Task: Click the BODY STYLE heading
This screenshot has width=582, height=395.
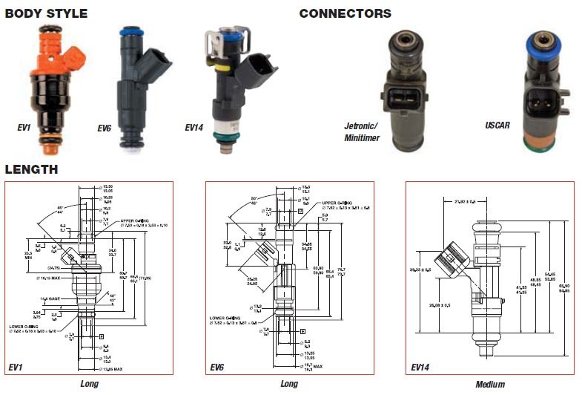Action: [46, 13]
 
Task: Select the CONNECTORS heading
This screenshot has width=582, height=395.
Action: [345, 13]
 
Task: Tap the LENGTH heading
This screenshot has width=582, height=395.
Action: [31, 169]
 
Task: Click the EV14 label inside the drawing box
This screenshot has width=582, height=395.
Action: [421, 366]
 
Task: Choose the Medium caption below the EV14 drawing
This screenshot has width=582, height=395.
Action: [490, 385]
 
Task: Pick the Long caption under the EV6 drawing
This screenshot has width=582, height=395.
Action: [289, 384]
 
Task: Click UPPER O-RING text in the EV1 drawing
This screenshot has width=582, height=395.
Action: [136, 221]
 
